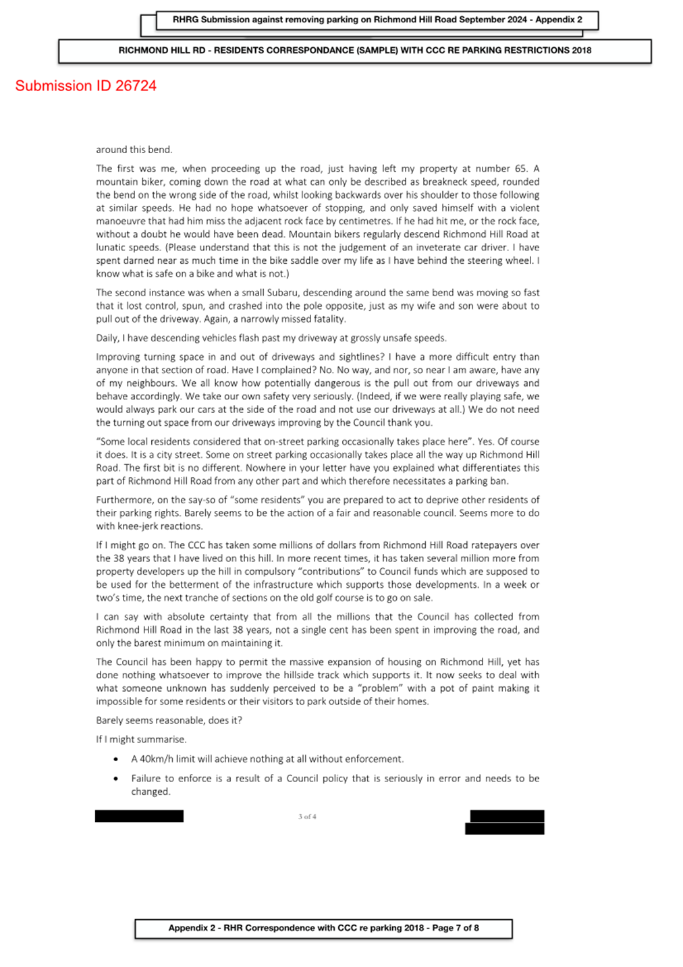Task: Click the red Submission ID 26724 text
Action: [86, 86]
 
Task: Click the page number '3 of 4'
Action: [307, 817]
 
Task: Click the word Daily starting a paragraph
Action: [107, 338]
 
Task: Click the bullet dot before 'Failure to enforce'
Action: [116, 779]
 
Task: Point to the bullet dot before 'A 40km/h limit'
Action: [116, 759]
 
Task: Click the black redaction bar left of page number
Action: [139, 816]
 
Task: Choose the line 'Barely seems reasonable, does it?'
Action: [169, 720]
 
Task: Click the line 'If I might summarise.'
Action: [141, 739]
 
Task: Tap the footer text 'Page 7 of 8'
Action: [456, 928]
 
